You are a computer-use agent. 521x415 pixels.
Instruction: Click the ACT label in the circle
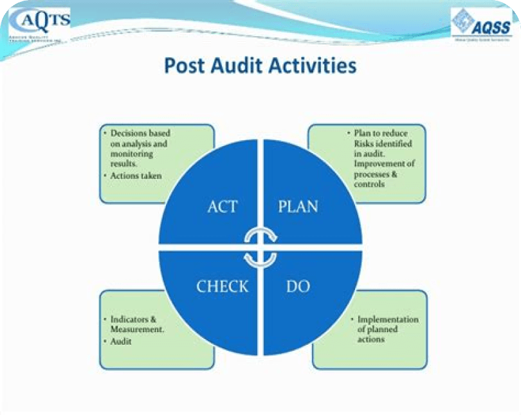[x=223, y=207]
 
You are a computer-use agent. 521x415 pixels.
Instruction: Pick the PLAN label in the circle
[x=298, y=207]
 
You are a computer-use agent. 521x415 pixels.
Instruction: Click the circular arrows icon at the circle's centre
[x=260, y=247]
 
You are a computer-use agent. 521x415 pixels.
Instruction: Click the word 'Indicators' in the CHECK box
[x=129, y=319]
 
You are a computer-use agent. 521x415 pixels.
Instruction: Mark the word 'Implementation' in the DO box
[x=388, y=319]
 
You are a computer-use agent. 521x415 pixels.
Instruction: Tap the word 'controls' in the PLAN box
[x=369, y=184]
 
